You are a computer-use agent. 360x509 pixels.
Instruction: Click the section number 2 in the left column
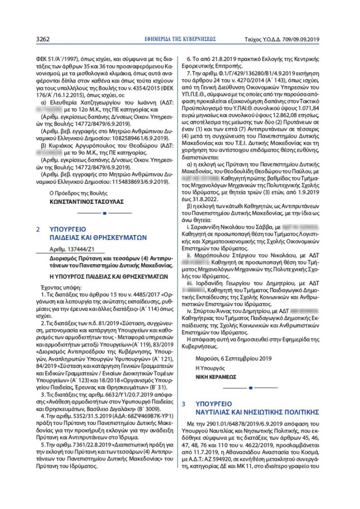point(38,230)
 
